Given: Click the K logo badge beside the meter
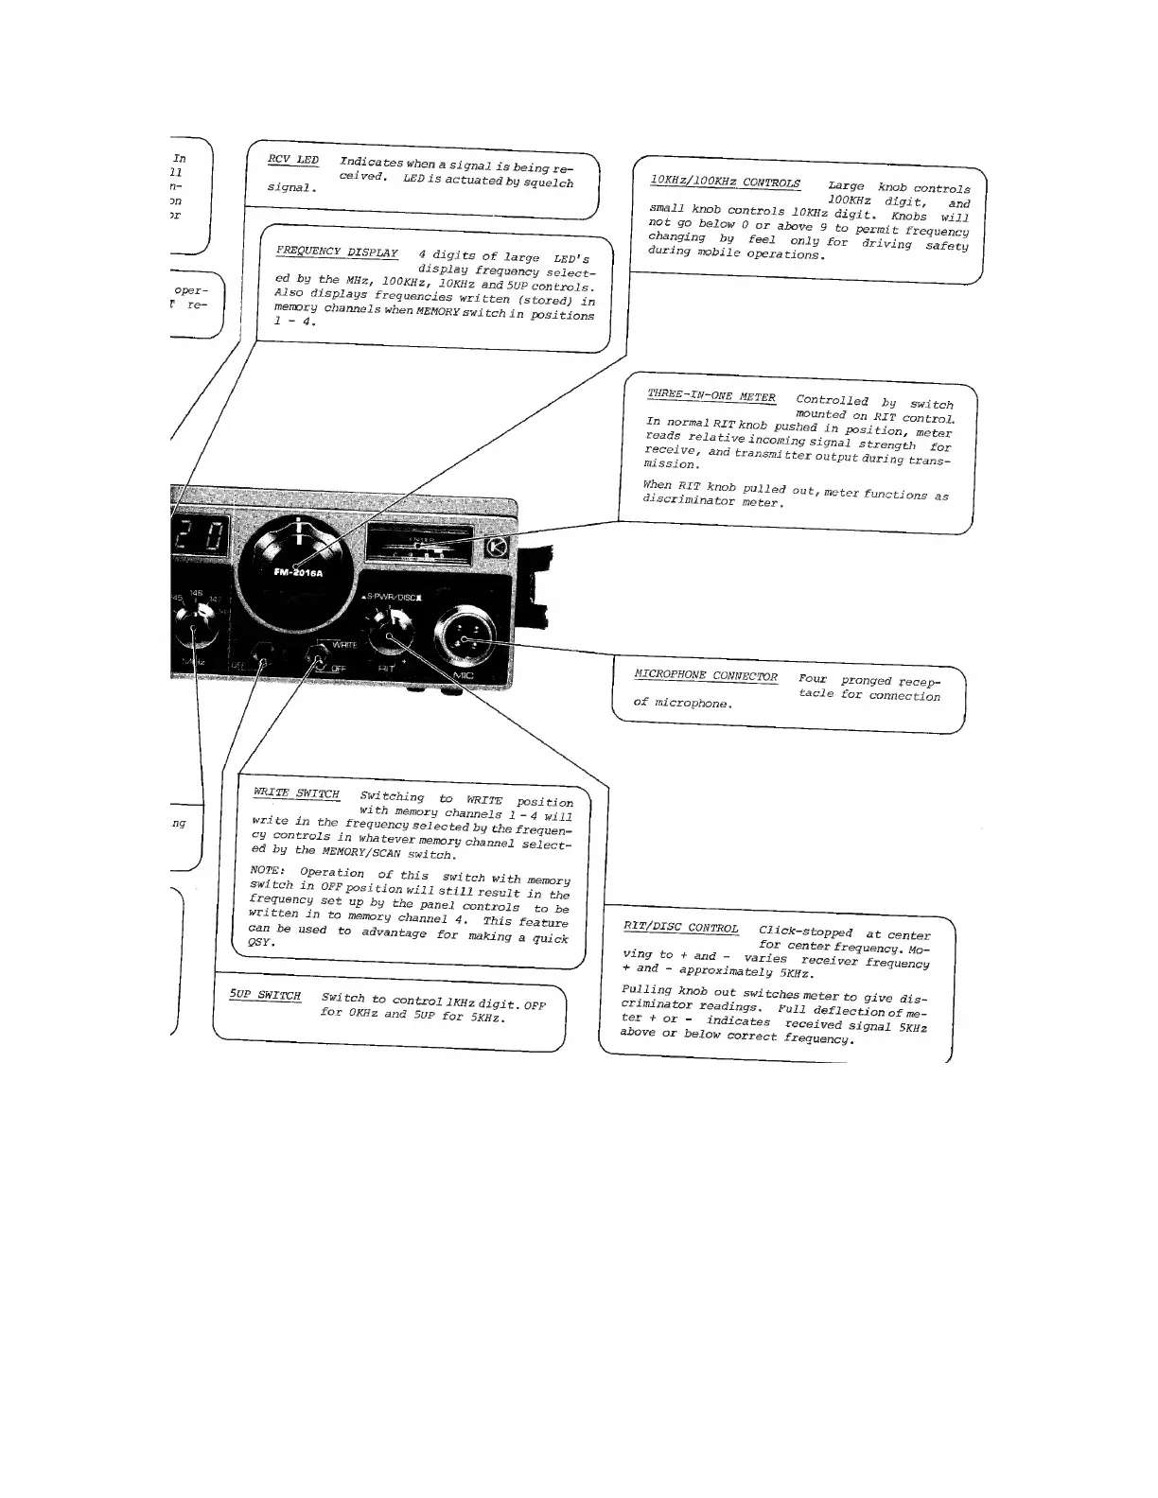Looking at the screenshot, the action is (498, 549).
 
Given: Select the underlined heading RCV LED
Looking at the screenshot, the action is (293, 160).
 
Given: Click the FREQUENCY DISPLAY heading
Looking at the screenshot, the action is (336, 253).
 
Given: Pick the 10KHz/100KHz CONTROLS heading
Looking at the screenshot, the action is (724, 183).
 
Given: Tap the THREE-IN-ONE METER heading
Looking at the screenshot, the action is (711, 396).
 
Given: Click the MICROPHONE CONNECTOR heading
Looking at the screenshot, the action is (705, 675).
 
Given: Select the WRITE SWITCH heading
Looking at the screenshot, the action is (295, 793).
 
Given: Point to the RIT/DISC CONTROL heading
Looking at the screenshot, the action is (680, 927).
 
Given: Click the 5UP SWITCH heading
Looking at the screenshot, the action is (265, 996).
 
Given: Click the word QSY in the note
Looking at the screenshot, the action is (259, 943).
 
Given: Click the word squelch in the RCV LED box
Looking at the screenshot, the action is (548, 183).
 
